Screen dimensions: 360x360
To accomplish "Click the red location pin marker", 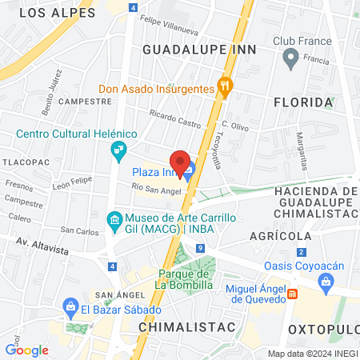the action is (x=182, y=162).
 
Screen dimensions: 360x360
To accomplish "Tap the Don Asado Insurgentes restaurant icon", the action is (x=226, y=88).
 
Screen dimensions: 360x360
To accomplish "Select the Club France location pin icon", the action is (x=290, y=58).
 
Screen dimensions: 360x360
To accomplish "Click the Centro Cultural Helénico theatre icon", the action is (x=118, y=149).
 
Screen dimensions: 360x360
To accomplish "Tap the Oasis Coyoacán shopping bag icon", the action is (x=326, y=281).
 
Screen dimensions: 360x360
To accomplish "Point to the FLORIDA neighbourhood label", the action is (x=302, y=102).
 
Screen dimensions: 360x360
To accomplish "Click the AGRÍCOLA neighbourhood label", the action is (x=280, y=236).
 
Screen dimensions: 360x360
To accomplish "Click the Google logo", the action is (x=26, y=350).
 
